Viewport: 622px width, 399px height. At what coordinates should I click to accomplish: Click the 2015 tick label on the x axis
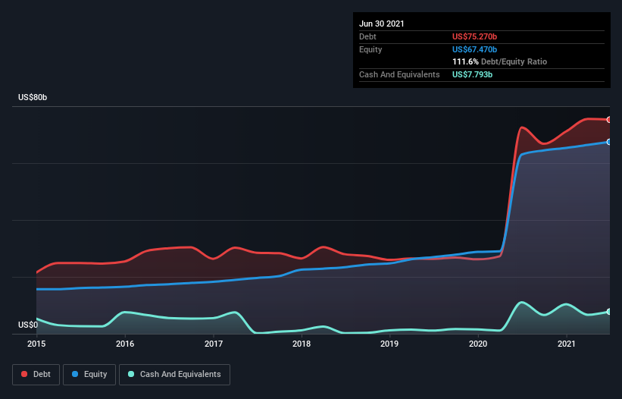pos(36,344)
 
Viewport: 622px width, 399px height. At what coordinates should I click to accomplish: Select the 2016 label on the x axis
pos(125,344)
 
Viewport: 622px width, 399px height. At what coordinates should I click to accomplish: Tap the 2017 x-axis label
pos(214,344)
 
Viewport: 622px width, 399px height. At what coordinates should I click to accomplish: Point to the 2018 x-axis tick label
pos(302,344)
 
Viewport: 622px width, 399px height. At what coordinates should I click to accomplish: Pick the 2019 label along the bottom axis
pos(389,344)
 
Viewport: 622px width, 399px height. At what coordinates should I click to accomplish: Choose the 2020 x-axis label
pos(478,344)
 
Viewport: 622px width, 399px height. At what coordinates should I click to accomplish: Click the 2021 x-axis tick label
pos(567,344)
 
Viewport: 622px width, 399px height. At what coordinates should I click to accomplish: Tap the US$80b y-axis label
pos(33,97)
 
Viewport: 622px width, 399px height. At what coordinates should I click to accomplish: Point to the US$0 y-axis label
pos(28,325)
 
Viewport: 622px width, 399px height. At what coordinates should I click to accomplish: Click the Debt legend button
pos(36,375)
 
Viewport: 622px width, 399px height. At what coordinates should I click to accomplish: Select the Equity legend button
pos(89,375)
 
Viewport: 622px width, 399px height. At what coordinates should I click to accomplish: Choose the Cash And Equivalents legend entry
pos(174,375)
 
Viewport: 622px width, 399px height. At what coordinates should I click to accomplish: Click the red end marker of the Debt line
pos(609,120)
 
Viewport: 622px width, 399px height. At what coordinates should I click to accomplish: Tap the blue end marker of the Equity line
pos(609,142)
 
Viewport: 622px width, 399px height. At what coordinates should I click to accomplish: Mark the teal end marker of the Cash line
pos(609,312)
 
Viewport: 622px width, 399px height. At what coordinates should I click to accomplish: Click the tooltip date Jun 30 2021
pos(382,24)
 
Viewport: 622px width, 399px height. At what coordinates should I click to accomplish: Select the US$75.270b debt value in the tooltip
pos(474,36)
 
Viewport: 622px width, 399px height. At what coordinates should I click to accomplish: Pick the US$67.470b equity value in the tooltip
pos(474,49)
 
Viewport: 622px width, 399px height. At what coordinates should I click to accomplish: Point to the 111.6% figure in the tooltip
pos(465,61)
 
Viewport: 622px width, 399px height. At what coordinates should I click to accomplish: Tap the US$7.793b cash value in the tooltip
pos(473,74)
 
